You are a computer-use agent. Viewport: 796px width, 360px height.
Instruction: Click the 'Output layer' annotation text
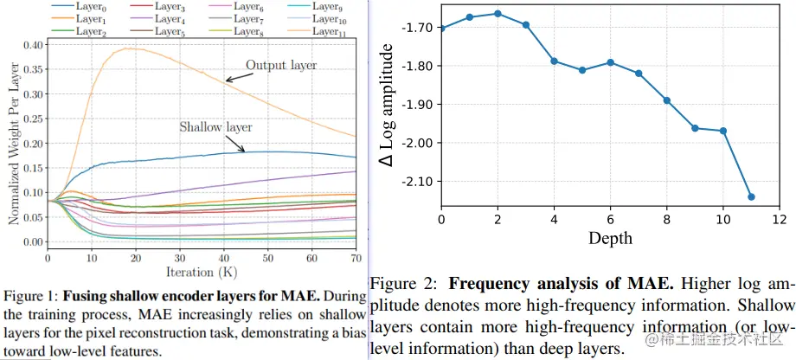281,64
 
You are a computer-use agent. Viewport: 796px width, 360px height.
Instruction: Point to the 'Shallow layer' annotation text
215,127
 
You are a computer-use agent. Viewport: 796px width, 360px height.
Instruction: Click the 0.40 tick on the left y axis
31,44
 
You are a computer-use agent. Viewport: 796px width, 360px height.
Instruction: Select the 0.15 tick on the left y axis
31,168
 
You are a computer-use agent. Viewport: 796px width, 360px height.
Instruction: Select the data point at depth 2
497,13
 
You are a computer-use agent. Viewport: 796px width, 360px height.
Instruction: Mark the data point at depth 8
666,100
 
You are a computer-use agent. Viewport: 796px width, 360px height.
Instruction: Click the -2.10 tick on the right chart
418,181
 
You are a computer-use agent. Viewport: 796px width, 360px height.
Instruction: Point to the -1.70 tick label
418,27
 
